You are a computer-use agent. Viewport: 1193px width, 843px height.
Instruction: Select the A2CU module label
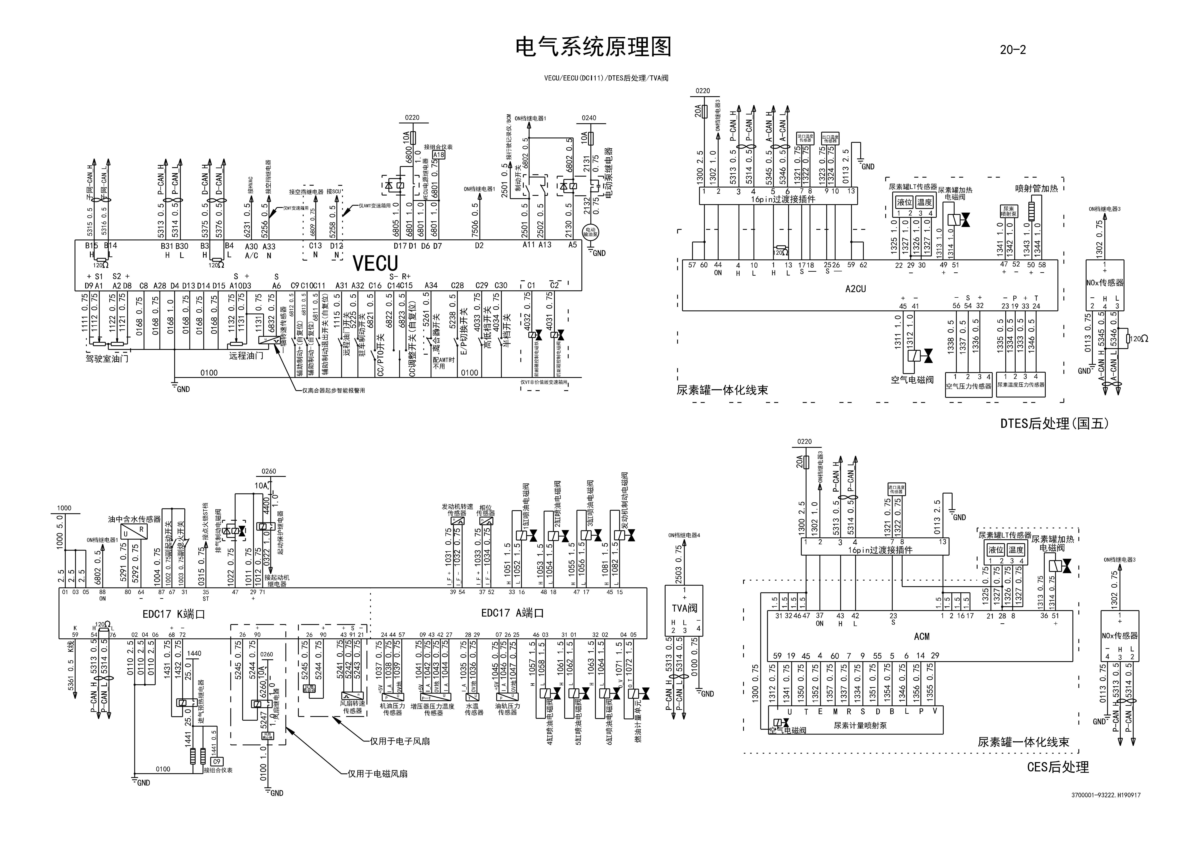(x=855, y=289)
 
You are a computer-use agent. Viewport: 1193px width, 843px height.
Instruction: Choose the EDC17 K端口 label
(x=174, y=614)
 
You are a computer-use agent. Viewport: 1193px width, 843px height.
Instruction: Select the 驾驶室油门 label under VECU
(x=107, y=359)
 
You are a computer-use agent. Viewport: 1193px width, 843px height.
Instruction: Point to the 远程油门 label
(x=246, y=356)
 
